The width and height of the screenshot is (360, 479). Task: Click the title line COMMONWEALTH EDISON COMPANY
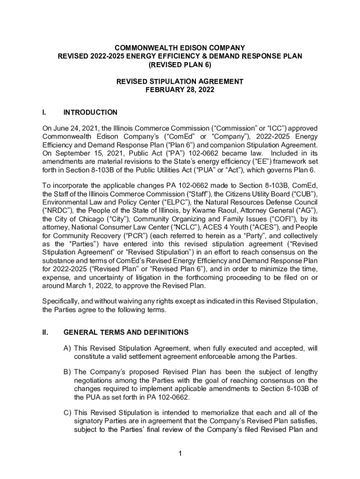(180, 48)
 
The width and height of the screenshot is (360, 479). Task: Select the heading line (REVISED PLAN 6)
(180, 65)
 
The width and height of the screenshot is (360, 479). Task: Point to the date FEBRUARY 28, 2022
(180, 90)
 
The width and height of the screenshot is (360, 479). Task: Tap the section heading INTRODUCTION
(90, 112)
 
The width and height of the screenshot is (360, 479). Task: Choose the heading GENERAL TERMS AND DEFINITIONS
(126, 333)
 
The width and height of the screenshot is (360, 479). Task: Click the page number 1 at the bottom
(180, 453)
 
